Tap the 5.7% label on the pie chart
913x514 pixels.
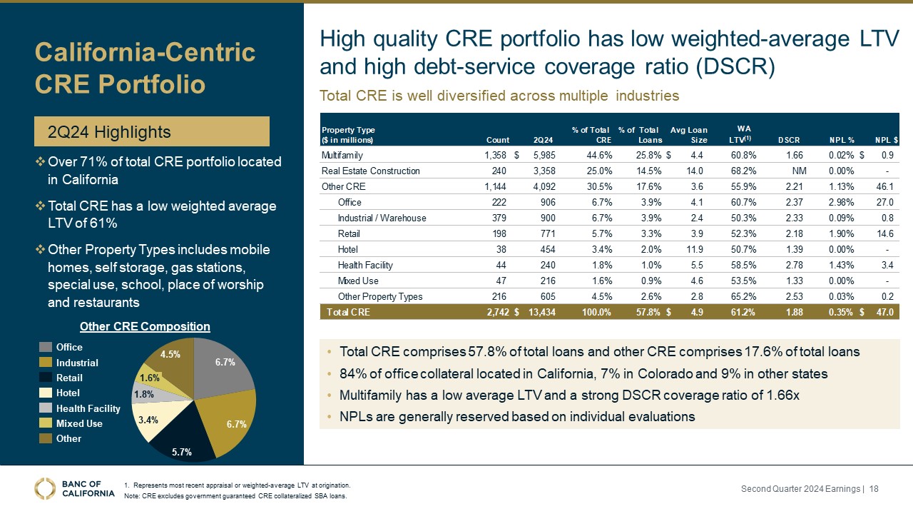pyautogui.click(x=182, y=452)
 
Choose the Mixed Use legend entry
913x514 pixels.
pyautogui.click(x=79, y=423)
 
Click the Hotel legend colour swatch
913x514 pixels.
pyautogui.click(x=46, y=393)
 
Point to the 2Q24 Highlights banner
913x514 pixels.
pyautogui.click(x=153, y=132)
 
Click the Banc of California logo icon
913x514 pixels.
pyautogui.click(x=46, y=488)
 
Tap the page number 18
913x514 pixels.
pyautogui.click(x=874, y=488)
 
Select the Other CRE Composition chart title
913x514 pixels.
pyautogui.click(x=145, y=326)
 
